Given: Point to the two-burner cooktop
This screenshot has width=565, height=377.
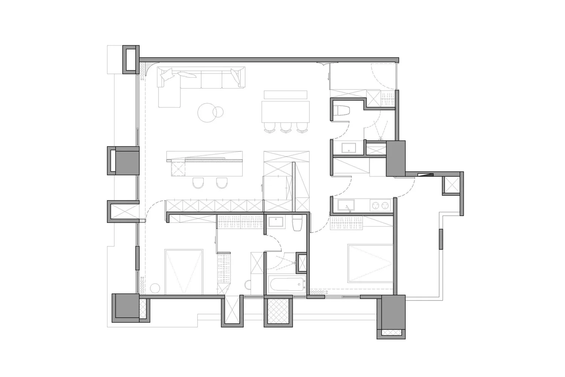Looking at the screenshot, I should click(x=380, y=205).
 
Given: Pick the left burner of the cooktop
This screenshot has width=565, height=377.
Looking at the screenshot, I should click(x=375, y=205).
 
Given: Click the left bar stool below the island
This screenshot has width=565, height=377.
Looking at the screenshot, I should click(x=198, y=183).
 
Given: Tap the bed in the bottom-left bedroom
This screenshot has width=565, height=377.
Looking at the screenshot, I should click(x=184, y=271).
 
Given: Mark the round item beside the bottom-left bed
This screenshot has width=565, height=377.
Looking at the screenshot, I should click(x=155, y=288).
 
